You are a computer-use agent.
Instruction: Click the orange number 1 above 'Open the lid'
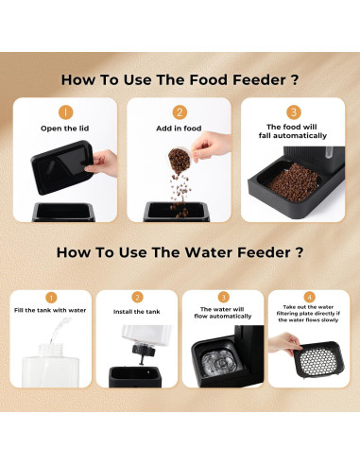point(65,112)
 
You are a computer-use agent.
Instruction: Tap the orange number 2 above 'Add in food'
point(180,112)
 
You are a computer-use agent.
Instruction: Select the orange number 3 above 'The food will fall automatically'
point(294,112)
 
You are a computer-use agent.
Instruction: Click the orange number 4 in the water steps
point(310,297)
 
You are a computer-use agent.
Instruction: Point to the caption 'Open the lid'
point(65,129)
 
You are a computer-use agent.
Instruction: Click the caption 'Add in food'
point(179,129)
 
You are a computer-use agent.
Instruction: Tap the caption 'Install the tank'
point(137,312)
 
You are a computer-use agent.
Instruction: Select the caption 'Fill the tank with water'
point(50,310)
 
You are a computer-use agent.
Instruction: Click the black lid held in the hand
point(62,167)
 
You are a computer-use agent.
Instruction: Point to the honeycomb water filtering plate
point(318,361)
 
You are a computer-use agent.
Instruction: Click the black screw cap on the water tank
point(144,351)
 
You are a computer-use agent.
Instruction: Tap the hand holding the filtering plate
point(284,343)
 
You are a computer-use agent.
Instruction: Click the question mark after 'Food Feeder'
point(295,80)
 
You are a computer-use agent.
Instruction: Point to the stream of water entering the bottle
point(60,330)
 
